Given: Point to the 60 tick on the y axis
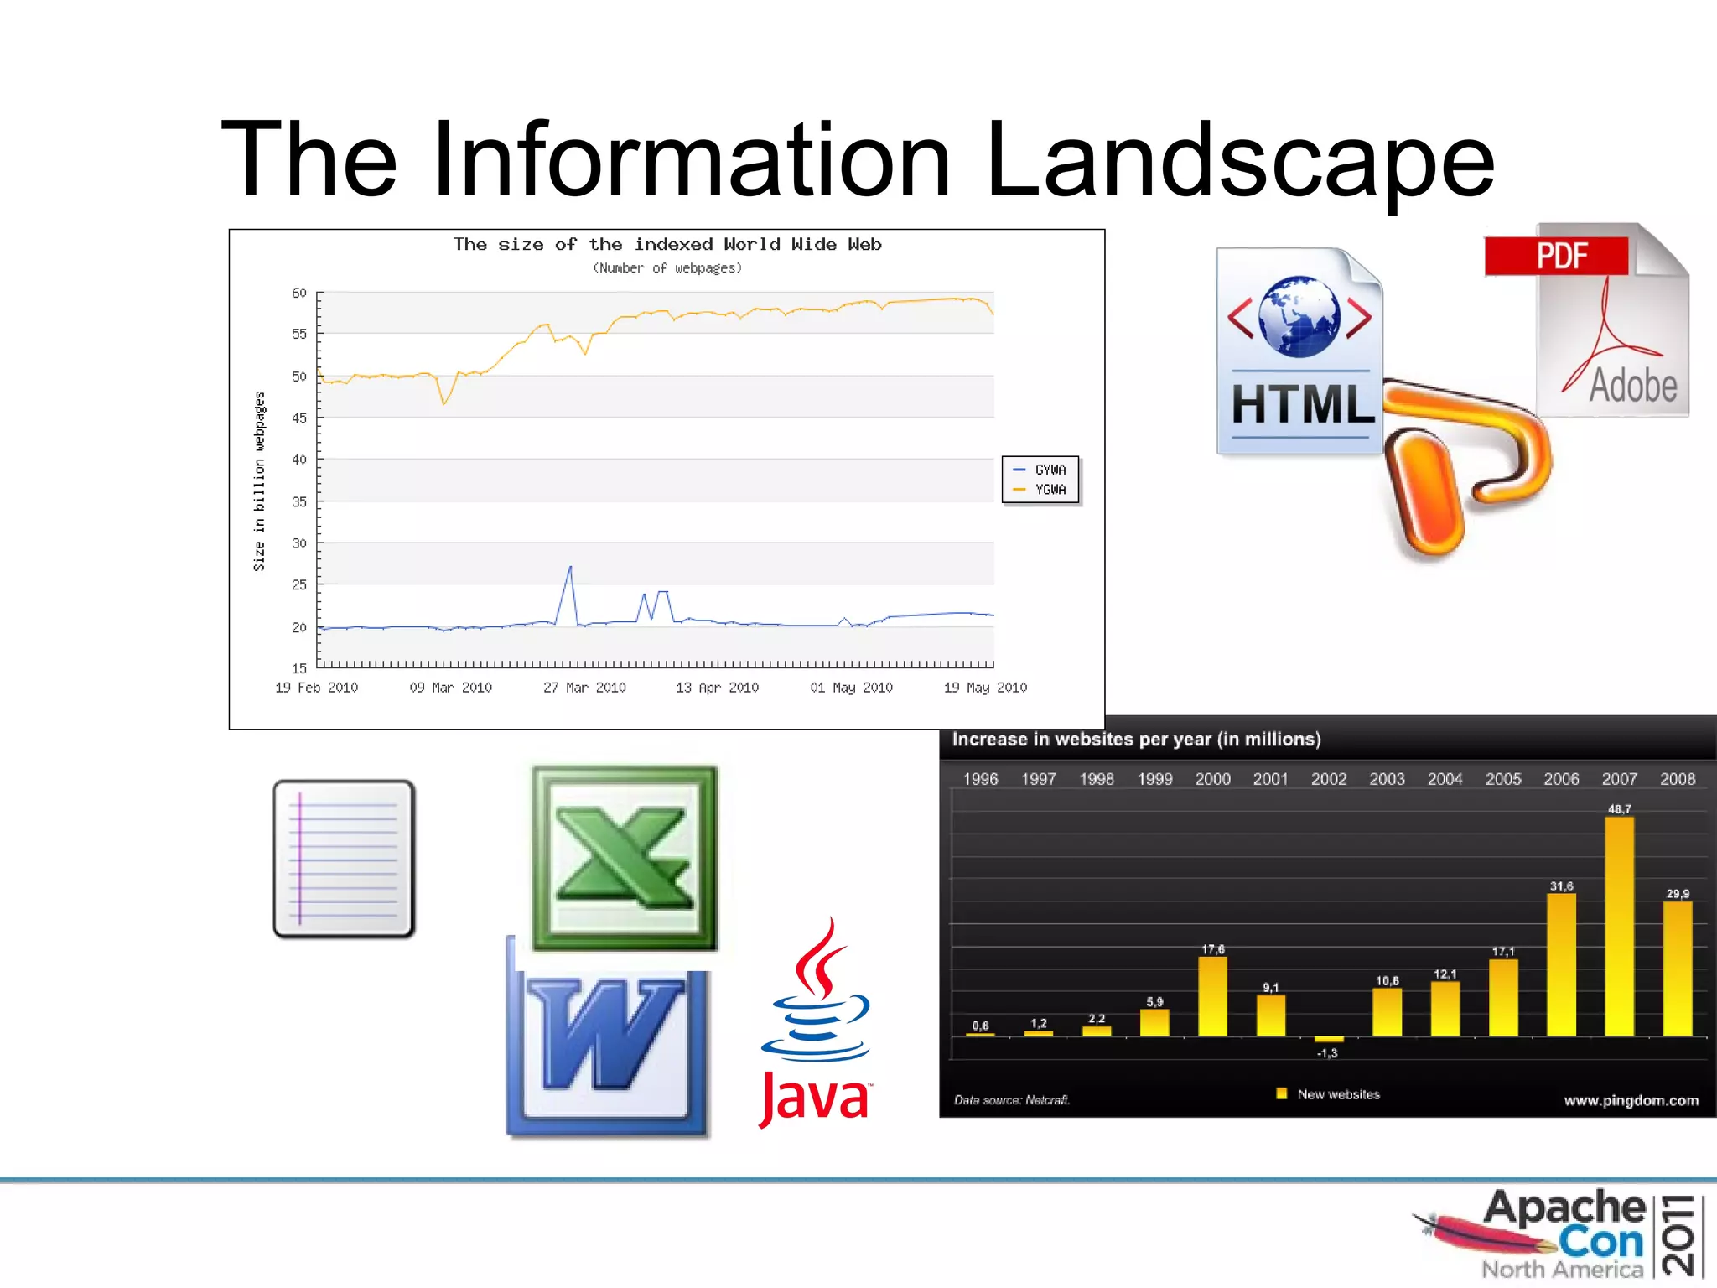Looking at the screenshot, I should tap(299, 293).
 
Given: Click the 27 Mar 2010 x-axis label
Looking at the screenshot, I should tap(584, 688).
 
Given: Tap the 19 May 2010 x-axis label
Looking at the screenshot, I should tap(985, 688).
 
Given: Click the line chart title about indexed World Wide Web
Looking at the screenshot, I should tap(667, 244).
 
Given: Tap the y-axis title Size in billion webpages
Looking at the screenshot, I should tap(259, 481).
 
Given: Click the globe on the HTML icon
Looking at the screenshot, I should tap(1299, 317).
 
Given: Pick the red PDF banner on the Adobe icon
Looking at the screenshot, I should tap(1556, 256).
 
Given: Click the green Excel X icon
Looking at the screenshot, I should tap(625, 857).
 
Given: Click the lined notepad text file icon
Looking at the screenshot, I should tap(344, 859).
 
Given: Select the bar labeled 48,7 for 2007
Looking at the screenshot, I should tap(1619, 927).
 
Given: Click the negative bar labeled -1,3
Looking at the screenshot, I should tap(1329, 1040).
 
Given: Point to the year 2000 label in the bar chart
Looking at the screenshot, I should tap(1212, 779).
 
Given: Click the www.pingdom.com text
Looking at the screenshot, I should tap(1631, 1100).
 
